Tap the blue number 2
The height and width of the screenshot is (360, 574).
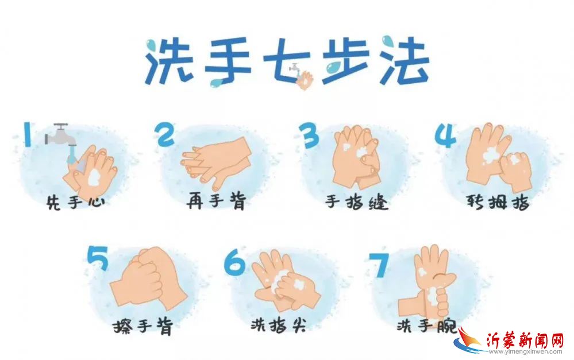tap(165, 134)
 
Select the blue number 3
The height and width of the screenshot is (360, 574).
tap(309, 135)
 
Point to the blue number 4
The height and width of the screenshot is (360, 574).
tap(445, 135)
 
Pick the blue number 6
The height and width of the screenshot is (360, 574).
tap(234, 262)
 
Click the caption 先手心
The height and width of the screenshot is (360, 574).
tap(76, 202)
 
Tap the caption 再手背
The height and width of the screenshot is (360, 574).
tap(216, 201)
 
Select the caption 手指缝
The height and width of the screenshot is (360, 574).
tap(356, 202)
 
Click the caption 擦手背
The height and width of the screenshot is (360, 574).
tap(142, 326)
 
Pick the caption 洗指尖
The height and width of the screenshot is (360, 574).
tap(279, 324)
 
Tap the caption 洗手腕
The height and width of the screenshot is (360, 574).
tap(426, 325)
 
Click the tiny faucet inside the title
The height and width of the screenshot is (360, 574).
tap(295, 68)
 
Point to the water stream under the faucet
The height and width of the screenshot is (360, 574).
tap(72, 154)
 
